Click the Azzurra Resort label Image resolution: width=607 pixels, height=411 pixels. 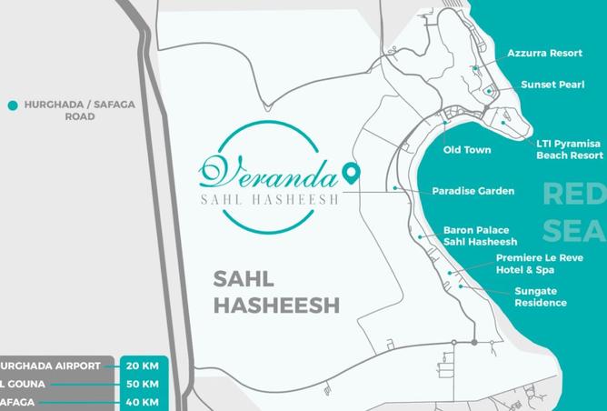coord(544,54)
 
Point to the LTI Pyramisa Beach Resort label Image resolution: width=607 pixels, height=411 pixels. coord(570,150)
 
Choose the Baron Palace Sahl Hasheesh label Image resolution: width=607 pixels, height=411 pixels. coord(480,236)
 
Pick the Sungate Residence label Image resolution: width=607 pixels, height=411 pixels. coord(540,297)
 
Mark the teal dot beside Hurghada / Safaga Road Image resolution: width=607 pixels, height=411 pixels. coord(13,105)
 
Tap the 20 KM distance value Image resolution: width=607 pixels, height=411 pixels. coord(143,366)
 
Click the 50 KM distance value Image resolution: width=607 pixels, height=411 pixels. coord(143,384)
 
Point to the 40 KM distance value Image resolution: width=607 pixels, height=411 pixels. coord(143,402)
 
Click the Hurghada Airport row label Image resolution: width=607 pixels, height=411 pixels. coord(51,366)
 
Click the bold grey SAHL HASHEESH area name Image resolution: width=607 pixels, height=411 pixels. coord(276,291)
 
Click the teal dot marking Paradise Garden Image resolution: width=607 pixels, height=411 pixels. coord(396,188)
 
